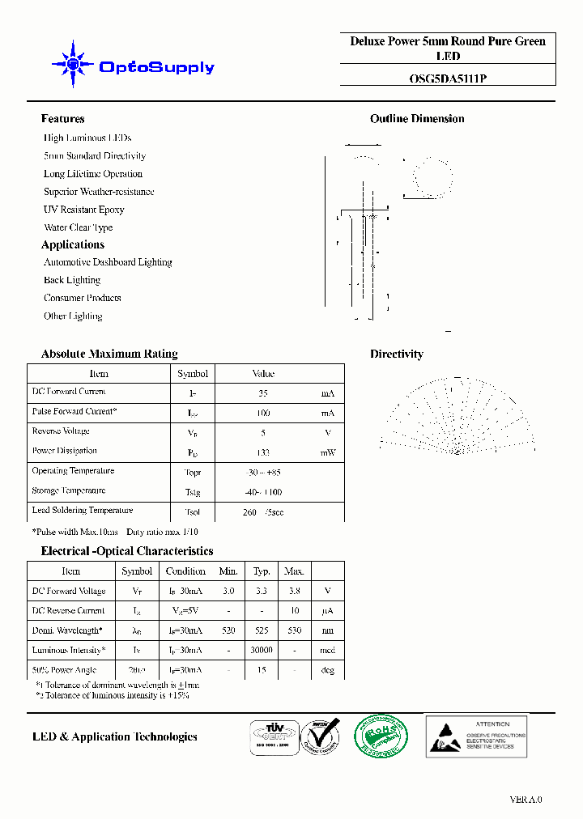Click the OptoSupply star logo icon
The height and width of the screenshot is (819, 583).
coord(73,64)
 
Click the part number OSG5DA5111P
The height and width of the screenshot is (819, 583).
coord(447,79)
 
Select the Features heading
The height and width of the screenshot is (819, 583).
coord(63,119)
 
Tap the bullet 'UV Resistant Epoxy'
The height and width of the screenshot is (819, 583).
coord(84,210)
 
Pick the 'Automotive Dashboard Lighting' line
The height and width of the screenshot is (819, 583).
coord(108,262)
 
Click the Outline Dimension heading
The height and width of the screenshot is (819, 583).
coord(417,119)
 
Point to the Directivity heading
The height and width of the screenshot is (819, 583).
coord(397,354)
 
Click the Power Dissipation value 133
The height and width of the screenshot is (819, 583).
coord(262,452)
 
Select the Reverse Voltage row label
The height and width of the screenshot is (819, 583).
coord(61,431)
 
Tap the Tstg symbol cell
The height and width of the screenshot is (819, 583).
coord(193,492)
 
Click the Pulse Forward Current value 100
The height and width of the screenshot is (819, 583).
coord(262,413)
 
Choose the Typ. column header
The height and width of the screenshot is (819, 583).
coord(262,571)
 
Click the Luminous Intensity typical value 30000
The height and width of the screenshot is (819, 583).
coord(262,650)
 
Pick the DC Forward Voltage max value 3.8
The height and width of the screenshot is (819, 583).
coord(294,592)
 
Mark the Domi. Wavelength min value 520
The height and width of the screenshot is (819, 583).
coord(228,630)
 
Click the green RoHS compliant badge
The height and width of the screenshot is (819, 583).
coord(381,736)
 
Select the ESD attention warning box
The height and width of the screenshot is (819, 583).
coord(476,736)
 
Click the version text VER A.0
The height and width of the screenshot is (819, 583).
coord(526,800)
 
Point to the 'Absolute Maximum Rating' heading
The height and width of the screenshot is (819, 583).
coord(109,354)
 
